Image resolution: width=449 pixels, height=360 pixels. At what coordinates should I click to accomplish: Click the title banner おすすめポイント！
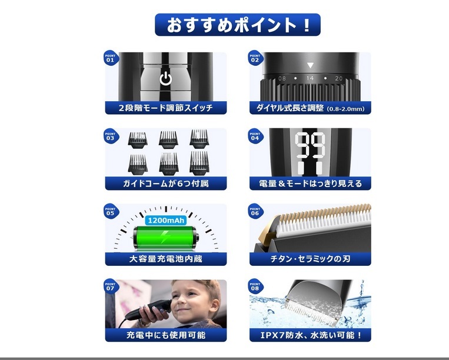pyautogui.click(x=237, y=25)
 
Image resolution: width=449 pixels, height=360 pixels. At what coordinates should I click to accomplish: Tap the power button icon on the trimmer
pyautogui.click(x=166, y=79)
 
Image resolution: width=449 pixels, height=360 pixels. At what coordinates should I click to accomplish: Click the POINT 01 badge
pyautogui.click(x=110, y=58)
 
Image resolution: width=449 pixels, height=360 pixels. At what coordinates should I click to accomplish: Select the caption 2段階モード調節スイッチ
pyautogui.click(x=165, y=108)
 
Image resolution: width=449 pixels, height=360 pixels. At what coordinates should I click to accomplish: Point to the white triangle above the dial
pyautogui.click(x=310, y=65)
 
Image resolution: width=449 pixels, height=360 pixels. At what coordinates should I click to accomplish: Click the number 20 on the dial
pyautogui.click(x=338, y=78)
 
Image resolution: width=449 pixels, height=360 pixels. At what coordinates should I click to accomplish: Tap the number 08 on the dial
pyautogui.click(x=282, y=78)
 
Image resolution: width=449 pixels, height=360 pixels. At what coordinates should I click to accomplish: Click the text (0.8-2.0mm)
pyautogui.click(x=346, y=109)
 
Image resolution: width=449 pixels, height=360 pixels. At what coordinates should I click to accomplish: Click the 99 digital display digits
pyautogui.click(x=310, y=146)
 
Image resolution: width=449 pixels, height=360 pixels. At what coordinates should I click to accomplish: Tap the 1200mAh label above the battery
pyautogui.click(x=166, y=220)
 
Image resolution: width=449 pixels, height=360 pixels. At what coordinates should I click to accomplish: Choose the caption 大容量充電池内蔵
pyautogui.click(x=165, y=259)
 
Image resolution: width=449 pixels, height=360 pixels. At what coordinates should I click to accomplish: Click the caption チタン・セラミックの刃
pyautogui.click(x=310, y=259)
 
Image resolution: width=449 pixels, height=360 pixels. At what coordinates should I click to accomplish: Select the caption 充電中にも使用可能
pyautogui.click(x=165, y=335)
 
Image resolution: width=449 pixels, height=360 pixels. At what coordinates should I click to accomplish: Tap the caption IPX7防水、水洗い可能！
pyautogui.click(x=310, y=335)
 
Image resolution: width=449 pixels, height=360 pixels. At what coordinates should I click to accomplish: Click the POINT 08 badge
pyautogui.click(x=254, y=286)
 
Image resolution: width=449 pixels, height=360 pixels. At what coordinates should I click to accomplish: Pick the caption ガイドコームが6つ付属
pyautogui.click(x=165, y=184)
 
